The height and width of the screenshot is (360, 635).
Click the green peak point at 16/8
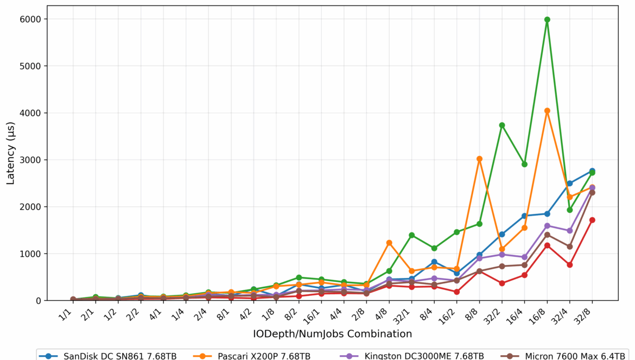click(547, 20)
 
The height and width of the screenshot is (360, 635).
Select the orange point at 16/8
click(547, 111)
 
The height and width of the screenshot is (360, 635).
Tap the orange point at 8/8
click(479, 159)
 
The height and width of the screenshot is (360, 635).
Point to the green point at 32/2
click(502, 125)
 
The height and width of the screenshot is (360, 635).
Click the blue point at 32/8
click(592, 171)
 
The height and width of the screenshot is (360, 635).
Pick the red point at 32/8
click(592, 220)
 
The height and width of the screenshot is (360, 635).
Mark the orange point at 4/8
click(389, 243)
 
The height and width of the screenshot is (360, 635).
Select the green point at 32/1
click(411, 235)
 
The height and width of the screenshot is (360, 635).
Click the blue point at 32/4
click(570, 184)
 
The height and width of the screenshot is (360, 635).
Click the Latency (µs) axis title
click(11, 153)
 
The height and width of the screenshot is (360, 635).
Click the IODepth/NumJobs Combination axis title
click(332, 333)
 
